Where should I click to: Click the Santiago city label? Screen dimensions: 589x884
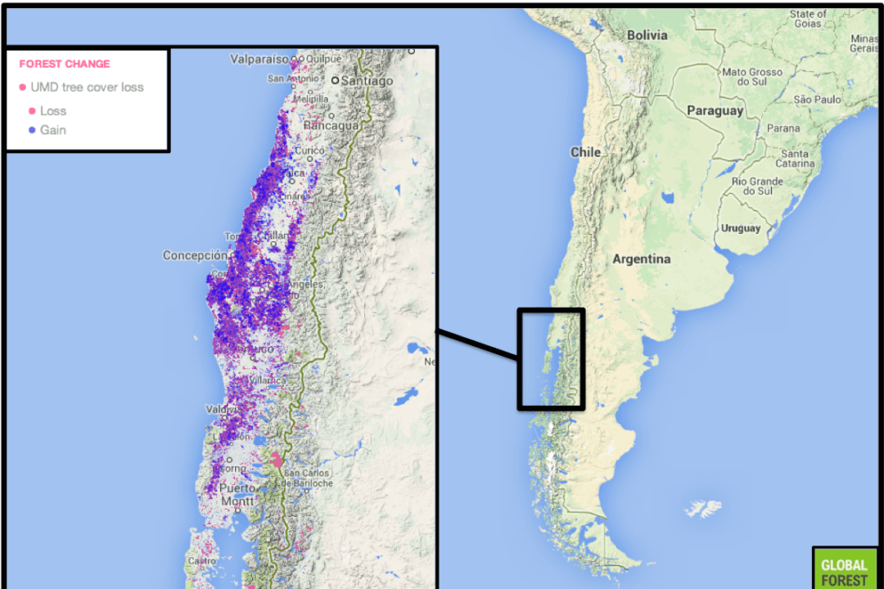point(368,81)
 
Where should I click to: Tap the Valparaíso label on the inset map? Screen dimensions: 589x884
point(259,59)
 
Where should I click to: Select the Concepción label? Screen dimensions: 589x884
point(194,255)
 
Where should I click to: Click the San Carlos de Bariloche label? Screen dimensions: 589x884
point(307,478)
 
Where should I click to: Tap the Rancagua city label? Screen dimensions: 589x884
point(331,127)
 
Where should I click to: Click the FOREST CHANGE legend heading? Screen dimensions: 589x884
point(64,64)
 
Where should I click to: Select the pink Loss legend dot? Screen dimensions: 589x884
point(32,110)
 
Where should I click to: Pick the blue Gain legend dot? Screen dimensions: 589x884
point(32,130)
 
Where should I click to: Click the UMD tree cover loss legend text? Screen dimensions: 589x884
point(87,88)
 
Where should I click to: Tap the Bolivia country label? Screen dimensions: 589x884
point(647,35)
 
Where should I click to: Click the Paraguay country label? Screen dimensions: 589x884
point(715,110)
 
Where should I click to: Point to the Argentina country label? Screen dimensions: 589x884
point(641,259)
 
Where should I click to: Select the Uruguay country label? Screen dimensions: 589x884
point(740,228)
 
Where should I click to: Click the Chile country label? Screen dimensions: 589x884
point(585,152)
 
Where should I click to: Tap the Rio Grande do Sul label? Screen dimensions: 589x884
point(757,186)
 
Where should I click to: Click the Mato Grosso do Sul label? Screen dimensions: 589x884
point(751,77)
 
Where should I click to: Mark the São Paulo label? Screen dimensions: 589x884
point(817,100)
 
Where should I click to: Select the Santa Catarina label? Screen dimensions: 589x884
point(795,159)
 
